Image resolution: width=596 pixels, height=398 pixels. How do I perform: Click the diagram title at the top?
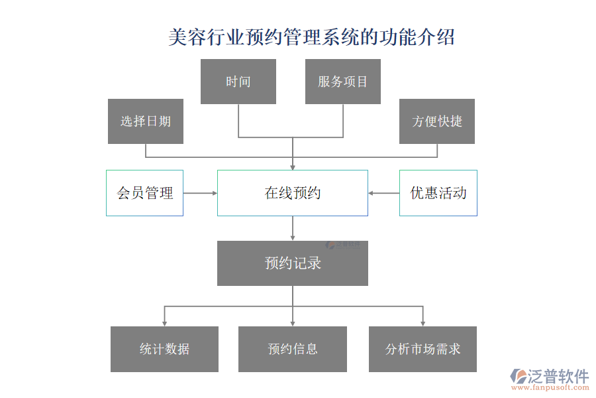(311, 37)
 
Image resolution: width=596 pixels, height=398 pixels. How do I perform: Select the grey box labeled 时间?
(238, 82)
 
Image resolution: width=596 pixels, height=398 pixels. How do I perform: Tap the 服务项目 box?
(343, 82)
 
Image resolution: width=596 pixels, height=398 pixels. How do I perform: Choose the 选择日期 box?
(146, 121)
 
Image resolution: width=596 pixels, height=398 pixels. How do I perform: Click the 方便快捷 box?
(437, 121)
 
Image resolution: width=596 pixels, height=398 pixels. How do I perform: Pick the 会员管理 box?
(144, 193)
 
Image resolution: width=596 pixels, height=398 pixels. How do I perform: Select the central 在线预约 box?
(293, 193)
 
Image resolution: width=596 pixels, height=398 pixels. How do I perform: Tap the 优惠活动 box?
(438, 193)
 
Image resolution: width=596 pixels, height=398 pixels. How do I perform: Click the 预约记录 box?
(293, 263)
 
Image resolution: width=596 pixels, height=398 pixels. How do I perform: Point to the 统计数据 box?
(164, 349)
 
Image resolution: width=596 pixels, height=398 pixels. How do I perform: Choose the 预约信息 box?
(293, 349)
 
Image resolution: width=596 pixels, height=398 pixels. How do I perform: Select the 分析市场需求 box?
(422, 349)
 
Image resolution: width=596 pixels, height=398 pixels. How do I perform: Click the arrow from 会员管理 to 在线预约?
(200, 193)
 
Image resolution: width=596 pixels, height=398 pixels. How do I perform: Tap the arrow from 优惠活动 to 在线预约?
(383, 193)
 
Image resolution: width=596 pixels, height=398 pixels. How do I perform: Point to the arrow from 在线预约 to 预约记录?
(293, 228)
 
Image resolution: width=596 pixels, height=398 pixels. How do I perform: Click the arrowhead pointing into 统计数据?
(164, 323)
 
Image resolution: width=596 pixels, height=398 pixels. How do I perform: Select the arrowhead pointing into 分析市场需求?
(422, 323)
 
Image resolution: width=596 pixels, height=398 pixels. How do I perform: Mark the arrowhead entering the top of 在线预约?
(293, 166)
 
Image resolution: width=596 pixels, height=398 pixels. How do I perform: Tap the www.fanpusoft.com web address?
(551, 389)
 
